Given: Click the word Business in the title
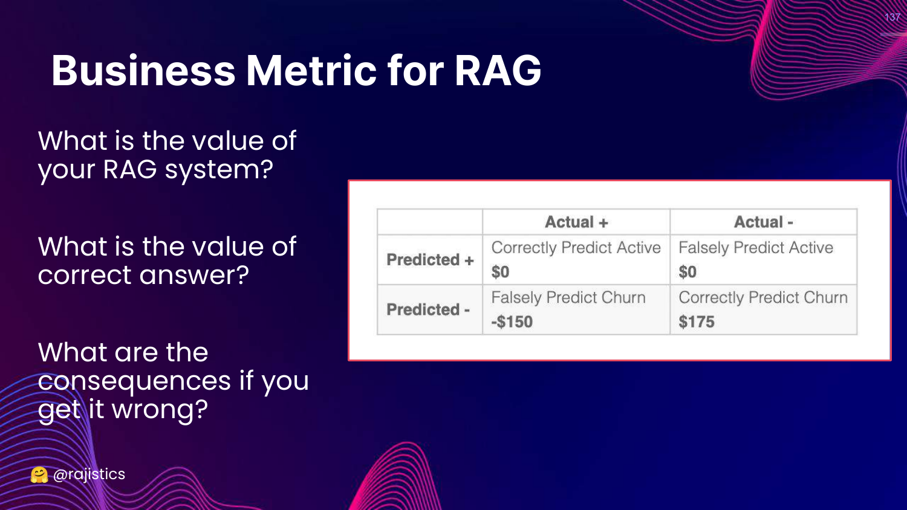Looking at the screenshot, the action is pyautogui.click(x=143, y=71).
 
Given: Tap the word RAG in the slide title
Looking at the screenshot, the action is pyautogui.click(x=498, y=71).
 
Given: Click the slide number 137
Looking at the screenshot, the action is pyautogui.click(x=892, y=18).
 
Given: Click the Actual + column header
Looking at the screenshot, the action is pyautogui.click(x=577, y=222).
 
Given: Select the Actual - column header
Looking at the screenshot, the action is pyautogui.click(x=764, y=222).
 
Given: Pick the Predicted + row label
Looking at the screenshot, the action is pyautogui.click(x=430, y=259).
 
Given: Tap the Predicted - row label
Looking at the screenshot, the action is pyautogui.click(x=428, y=309).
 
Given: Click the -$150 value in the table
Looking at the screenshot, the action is pyautogui.click(x=512, y=322).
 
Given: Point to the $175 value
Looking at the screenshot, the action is pyautogui.click(x=697, y=322).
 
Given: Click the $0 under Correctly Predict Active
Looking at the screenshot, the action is pyautogui.click(x=500, y=271).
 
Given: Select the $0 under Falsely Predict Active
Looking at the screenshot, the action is pyautogui.click(x=688, y=271).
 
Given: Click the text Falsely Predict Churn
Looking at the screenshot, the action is pyautogui.click(x=568, y=298).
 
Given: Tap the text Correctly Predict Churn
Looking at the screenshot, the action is pyautogui.click(x=763, y=298).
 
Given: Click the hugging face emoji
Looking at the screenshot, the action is pyautogui.click(x=39, y=475).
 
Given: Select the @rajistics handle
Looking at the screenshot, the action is pyautogui.click(x=89, y=474).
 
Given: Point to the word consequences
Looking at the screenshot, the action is pyautogui.click(x=134, y=381).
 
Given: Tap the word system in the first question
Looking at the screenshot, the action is pyautogui.click(x=219, y=170).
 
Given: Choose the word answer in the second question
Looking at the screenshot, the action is pyautogui.click(x=194, y=275).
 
